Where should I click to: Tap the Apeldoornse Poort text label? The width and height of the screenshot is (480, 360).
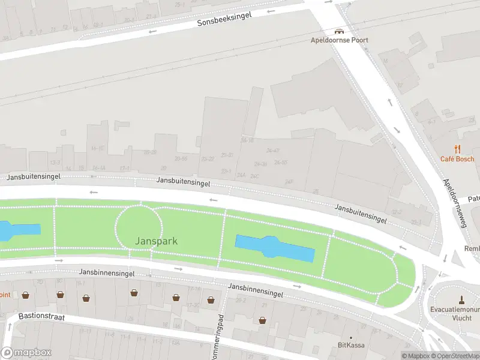pyautogui.click(x=339, y=40)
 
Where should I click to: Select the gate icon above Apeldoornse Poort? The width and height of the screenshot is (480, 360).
pyautogui.click(x=339, y=31)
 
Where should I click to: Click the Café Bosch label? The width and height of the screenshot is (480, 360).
pyautogui.click(x=457, y=159)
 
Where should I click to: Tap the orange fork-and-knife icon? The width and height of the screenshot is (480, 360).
pyautogui.click(x=457, y=149)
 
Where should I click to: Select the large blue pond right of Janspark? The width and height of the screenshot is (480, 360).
pyautogui.click(x=275, y=248)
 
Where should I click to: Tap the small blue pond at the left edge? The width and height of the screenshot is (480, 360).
pyautogui.click(x=18, y=230)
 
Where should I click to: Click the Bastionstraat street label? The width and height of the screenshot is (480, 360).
pyautogui.click(x=41, y=316)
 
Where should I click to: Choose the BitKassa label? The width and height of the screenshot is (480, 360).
pyautogui.click(x=351, y=345)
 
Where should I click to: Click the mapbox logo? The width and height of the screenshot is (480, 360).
pyautogui.click(x=26, y=352)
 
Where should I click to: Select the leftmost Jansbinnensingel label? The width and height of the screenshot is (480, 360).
pyautogui.click(x=106, y=272)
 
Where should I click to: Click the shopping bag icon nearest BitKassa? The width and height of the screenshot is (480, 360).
pyautogui.click(x=263, y=320)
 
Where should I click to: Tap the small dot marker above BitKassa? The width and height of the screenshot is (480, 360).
pyautogui.click(x=351, y=338)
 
